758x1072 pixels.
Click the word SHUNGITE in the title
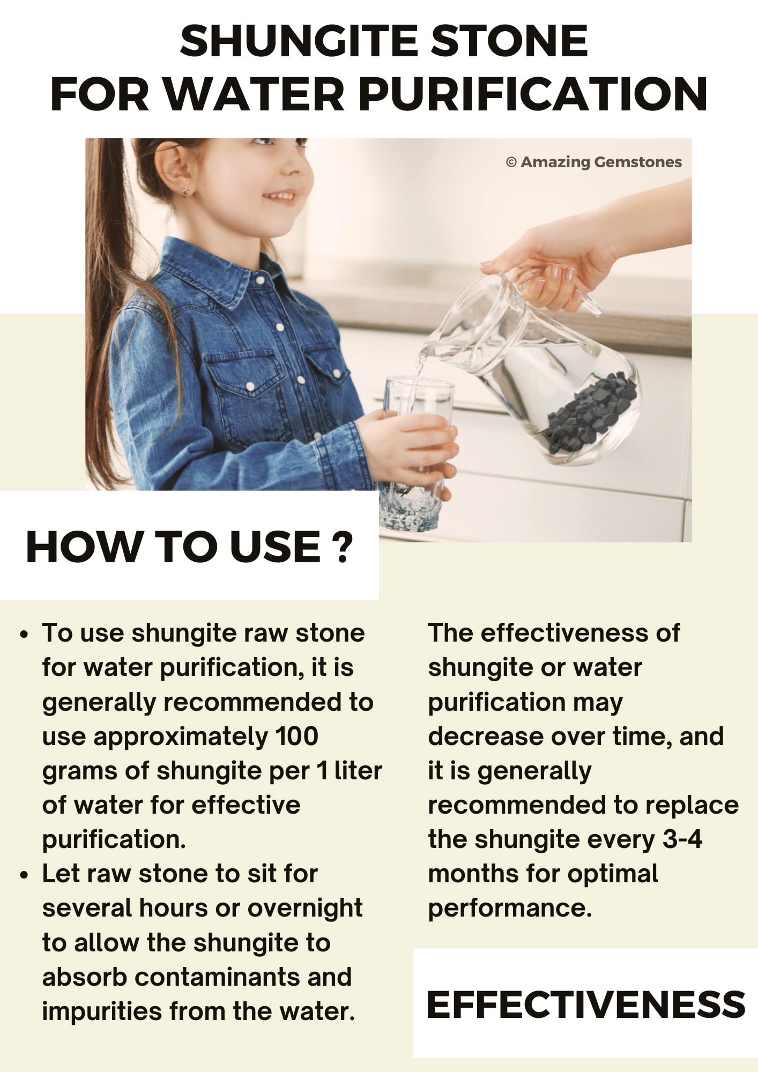(301, 41)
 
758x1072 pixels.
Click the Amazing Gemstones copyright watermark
(594, 162)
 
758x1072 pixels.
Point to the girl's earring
(185, 190)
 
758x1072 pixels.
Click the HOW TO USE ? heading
(190, 547)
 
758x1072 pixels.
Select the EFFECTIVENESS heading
(586, 1004)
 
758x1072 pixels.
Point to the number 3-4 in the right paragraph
(682, 839)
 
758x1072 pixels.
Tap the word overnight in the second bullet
(305, 908)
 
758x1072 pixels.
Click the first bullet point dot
(23, 635)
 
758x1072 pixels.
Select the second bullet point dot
(23, 875)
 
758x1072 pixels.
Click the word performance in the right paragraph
(510, 909)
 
